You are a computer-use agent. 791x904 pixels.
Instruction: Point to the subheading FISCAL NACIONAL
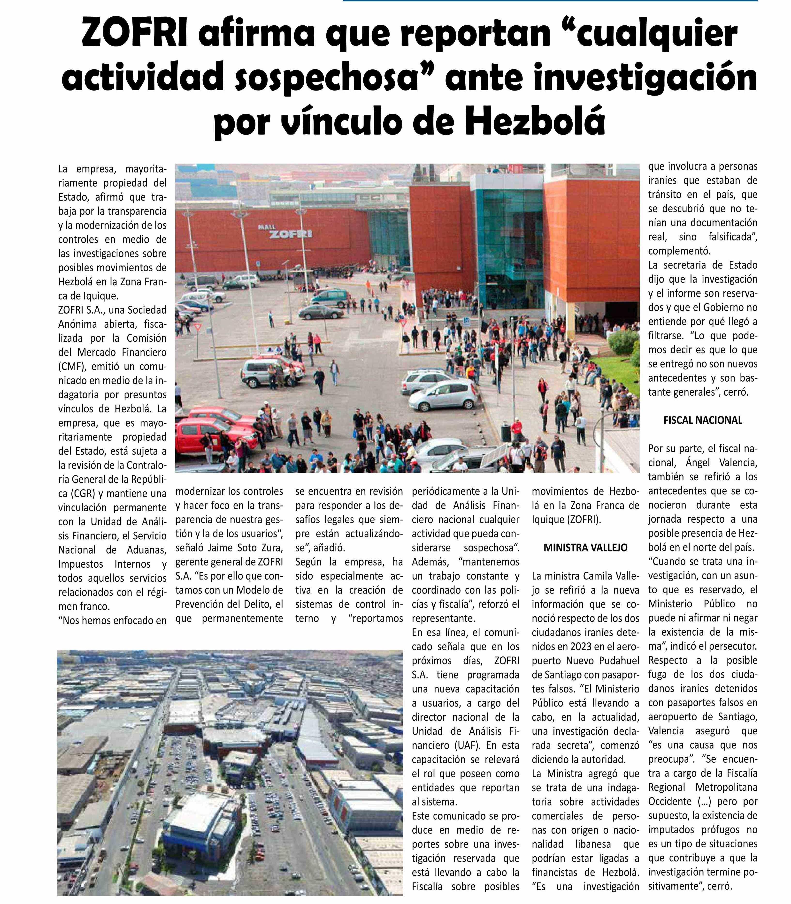703,420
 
